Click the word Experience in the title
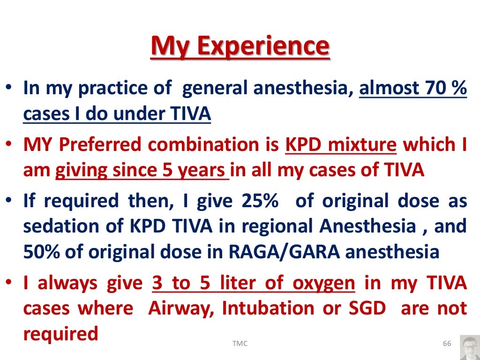pos(262,46)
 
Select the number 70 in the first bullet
pos(428,88)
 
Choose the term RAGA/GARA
pos(287,252)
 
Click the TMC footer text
pos(240,344)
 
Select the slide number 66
pos(447,344)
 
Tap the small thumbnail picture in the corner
pos(470,347)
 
